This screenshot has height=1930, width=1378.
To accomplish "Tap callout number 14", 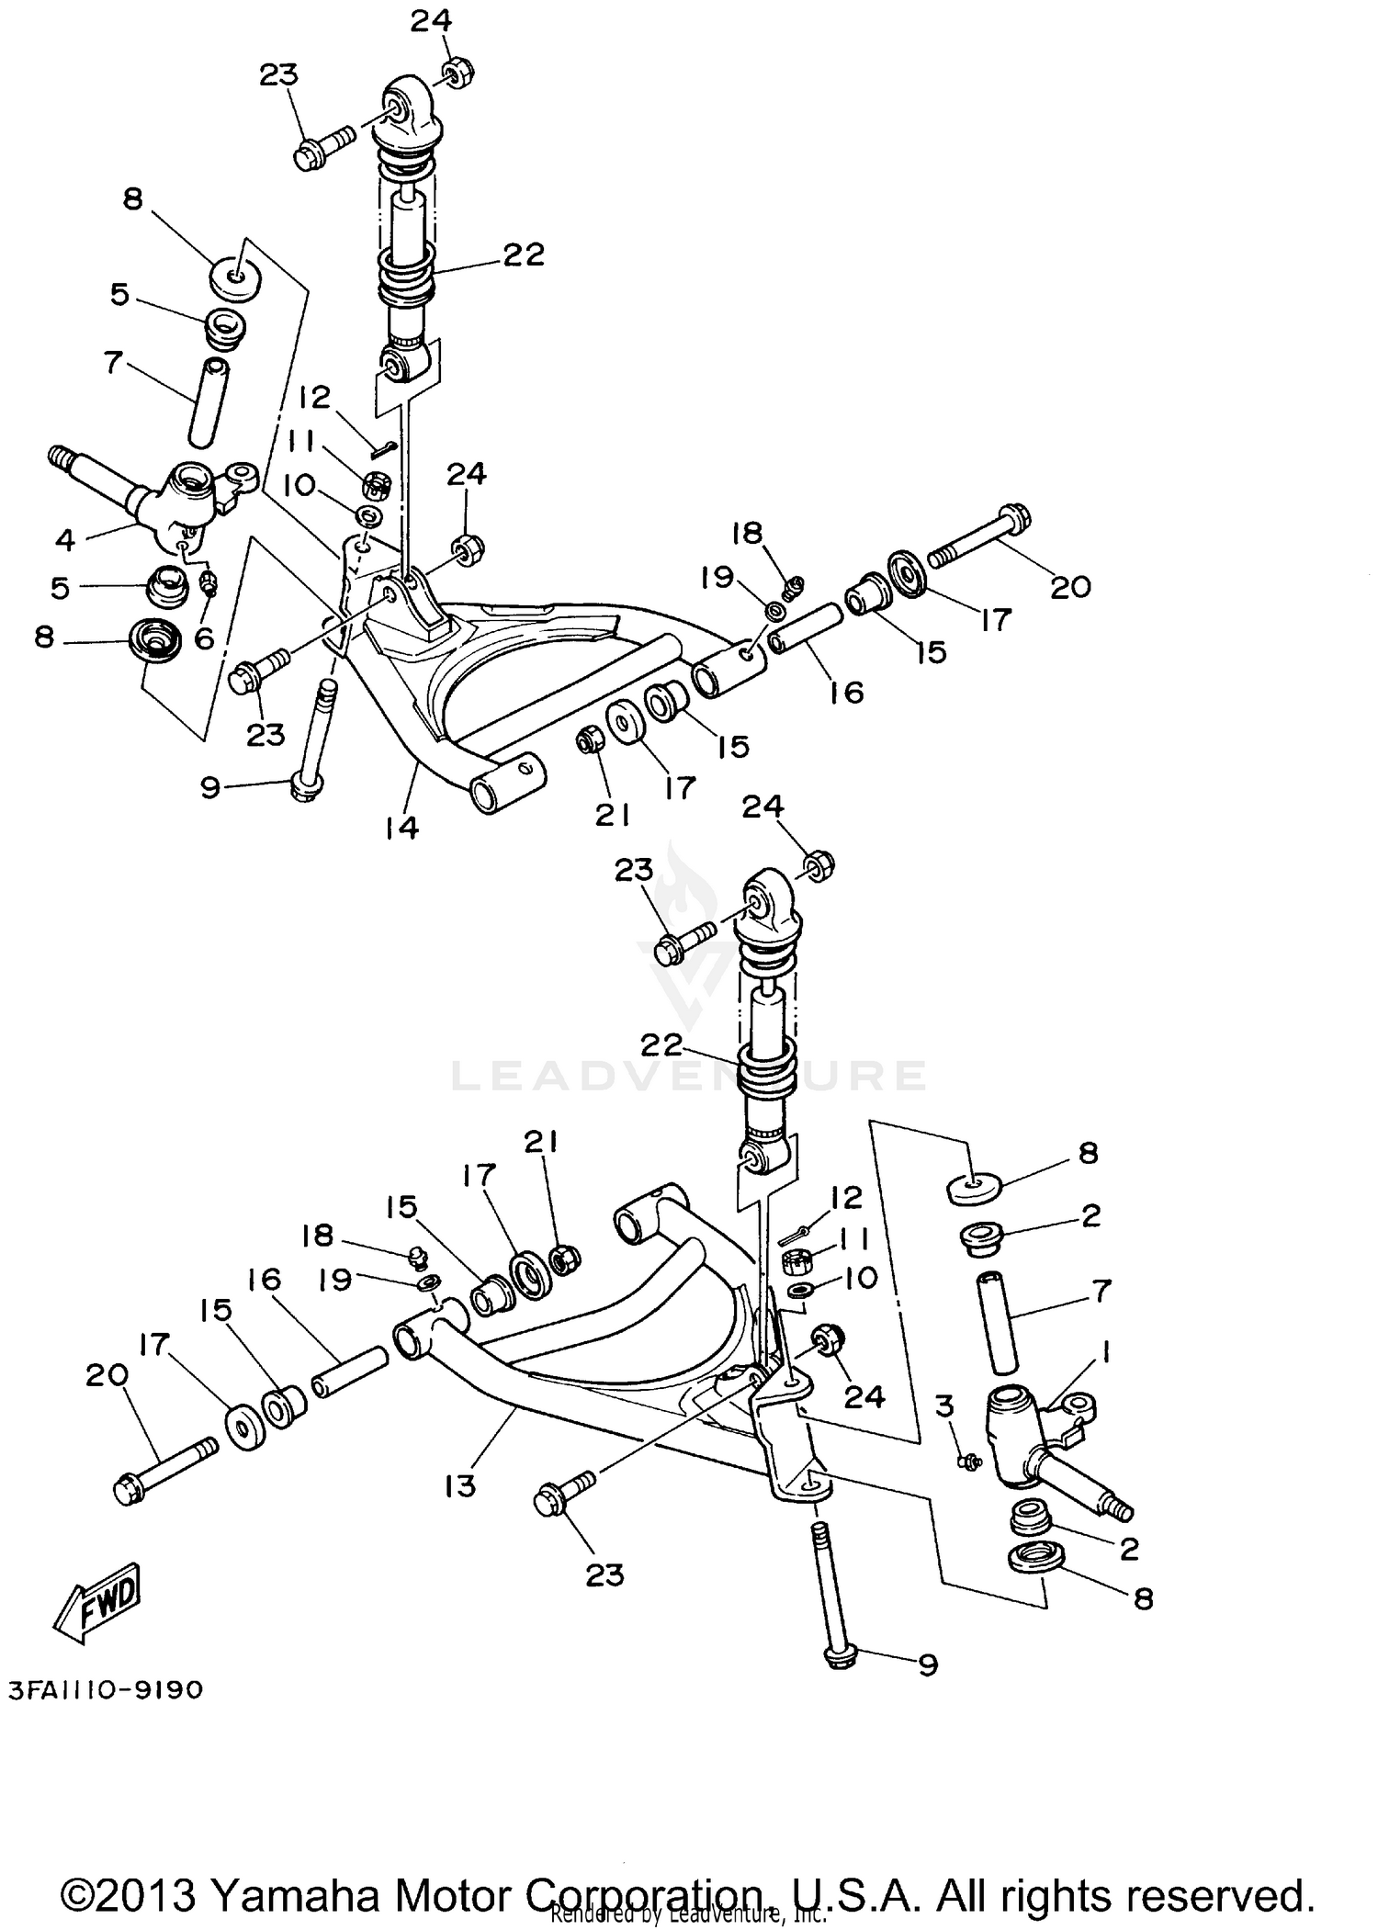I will (x=401, y=828).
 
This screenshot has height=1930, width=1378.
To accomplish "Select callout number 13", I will (x=459, y=1485).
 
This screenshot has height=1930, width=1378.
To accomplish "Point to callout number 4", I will (x=64, y=540).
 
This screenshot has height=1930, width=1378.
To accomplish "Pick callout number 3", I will (x=945, y=1405).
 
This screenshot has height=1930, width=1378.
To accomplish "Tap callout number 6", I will (x=204, y=637).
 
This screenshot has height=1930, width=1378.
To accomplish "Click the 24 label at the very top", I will (x=431, y=20).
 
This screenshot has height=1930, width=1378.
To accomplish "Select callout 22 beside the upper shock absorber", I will (x=524, y=254).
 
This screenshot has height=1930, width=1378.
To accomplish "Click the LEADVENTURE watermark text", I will (x=689, y=1076).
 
